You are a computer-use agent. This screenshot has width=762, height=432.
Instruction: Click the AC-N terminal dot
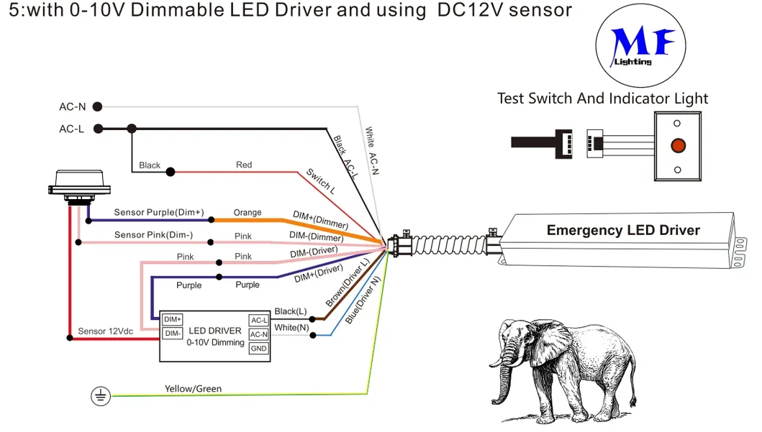pos(98,106)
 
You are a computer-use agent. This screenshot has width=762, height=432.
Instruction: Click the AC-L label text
pos(72,129)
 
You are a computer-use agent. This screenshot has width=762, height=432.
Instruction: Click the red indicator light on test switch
pos(677,145)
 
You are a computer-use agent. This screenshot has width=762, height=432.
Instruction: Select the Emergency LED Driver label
pos(623,230)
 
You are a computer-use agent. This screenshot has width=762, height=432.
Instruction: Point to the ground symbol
pos(101,395)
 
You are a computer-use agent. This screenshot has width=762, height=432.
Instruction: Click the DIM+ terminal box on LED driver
pos(172,319)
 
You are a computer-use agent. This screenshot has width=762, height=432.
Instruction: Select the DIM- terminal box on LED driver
pos(172,334)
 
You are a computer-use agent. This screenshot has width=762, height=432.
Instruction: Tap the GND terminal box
pos(258,349)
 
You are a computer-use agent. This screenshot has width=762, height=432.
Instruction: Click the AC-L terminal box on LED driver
pos(258,320)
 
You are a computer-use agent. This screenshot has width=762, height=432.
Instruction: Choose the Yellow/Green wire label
pos(193,389)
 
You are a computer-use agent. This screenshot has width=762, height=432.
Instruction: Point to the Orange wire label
pos(248,213)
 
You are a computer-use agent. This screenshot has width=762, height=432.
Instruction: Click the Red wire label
pos(244,165)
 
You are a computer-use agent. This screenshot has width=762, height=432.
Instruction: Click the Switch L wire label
pos(321,183)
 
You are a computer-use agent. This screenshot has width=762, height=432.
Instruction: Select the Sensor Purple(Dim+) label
pos(159,213)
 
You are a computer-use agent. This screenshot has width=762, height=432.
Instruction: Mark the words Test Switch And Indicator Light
pos(602,98)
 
